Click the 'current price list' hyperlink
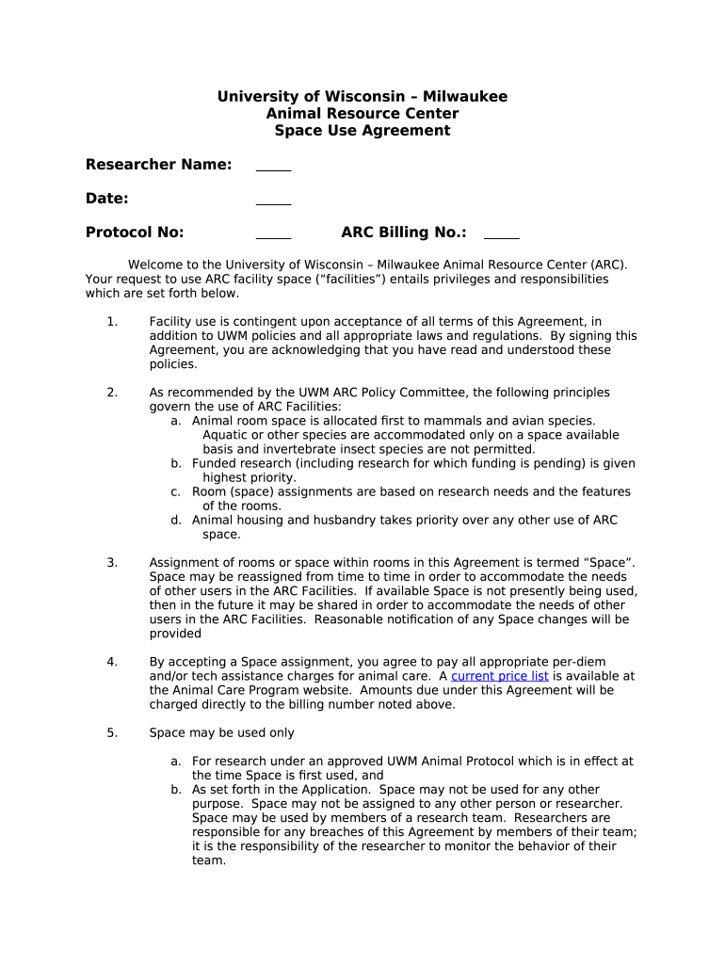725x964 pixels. coord(499,676)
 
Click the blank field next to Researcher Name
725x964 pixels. coord(273,167)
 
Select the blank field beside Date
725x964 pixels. coord(273,201)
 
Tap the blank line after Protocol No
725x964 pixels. coord(273,234)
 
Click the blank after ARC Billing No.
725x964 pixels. coord(501,234)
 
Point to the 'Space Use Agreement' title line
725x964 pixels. coord(362,131)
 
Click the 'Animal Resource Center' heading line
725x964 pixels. coord(362,114)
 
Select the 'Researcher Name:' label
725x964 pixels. coord(158,165)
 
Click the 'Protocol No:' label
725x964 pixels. coord(135,233)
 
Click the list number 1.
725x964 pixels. coord(112,322)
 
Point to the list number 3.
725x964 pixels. coord(112,563)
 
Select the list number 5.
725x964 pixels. coord(112,732)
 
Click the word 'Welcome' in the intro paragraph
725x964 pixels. coord(154,265)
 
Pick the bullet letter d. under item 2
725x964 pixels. coord(176,520)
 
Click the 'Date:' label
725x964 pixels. coord(106,199)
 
